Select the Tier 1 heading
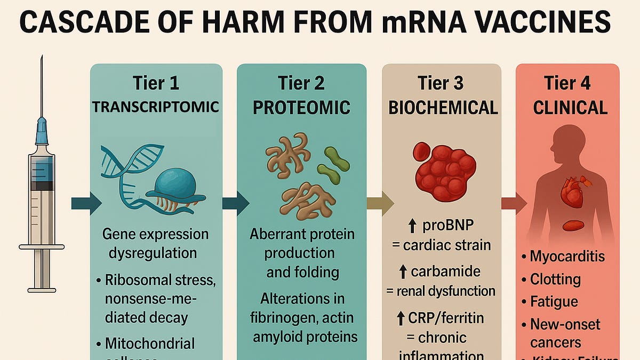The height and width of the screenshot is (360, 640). pyautogui.click(x=156, y=83)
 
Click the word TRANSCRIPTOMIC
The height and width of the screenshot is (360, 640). pyautogui.click(x=156, y=107)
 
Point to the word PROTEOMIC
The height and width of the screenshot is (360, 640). pyautogui.click(x=301, y=107)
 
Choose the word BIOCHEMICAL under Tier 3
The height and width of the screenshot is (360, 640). pyautogui.click(x=443, y=107)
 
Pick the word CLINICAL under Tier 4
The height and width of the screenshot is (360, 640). pyautogui.click(x=570, y=108)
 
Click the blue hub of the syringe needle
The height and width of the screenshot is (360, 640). pyautogui.click(x=42, y=131)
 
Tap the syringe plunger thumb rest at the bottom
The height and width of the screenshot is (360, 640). pyautogui.click(x=42, y=290)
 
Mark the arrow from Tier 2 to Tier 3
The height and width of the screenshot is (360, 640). pyautogui.click(x=380, y=203)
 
